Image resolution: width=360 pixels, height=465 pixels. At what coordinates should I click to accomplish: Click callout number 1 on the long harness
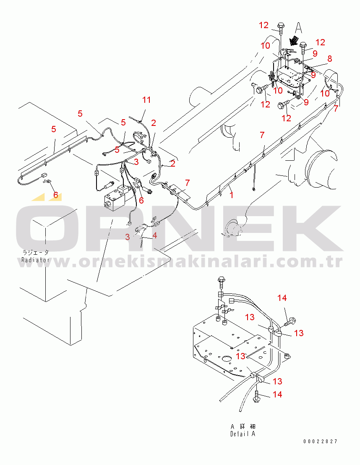232,195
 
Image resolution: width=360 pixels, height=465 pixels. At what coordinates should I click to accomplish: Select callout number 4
154,235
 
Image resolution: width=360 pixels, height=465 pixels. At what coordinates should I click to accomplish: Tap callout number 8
329,59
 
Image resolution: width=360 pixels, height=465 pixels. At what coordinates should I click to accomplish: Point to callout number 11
146,100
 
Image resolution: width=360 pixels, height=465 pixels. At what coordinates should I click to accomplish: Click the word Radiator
35,260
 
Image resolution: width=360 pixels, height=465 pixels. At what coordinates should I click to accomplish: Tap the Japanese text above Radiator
36,253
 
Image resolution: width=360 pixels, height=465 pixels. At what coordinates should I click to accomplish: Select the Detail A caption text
243,434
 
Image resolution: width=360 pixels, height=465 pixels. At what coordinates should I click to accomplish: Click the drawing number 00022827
320,441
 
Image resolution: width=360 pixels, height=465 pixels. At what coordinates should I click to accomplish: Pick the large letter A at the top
298,28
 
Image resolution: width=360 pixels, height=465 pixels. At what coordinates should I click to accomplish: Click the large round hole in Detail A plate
227,359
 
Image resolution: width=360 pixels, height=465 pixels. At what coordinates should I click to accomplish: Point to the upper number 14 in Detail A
282,298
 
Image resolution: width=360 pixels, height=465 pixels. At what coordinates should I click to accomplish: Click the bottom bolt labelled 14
257,397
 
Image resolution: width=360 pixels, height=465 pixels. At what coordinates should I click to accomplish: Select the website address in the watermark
180,261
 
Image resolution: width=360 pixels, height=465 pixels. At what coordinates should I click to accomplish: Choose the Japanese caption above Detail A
243,426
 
